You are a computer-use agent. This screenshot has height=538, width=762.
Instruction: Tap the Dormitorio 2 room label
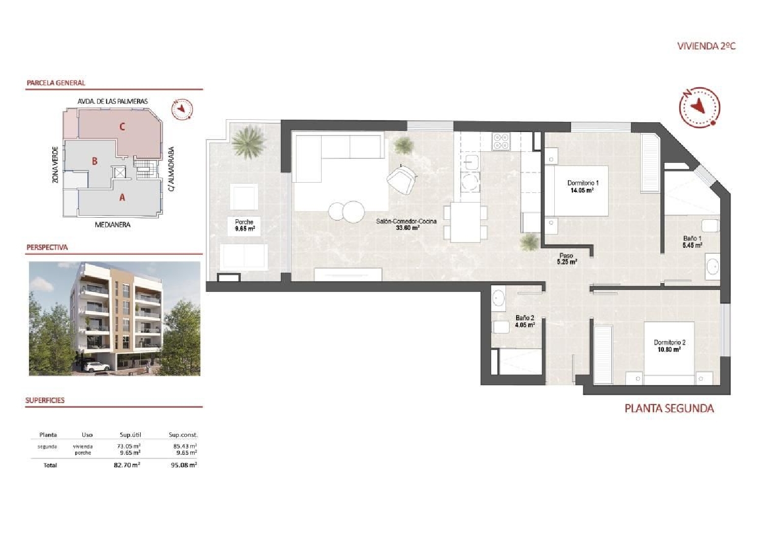click(x=670, y=346)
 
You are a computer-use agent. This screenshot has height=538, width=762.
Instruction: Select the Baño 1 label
click(x=692, y=242)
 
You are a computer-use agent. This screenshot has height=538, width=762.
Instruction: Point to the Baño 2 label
click(x=525, y=321)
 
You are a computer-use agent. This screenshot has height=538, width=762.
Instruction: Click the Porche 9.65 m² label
click(x=244, y=225)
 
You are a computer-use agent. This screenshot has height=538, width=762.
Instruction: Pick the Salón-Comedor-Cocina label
click(x=406, y=224)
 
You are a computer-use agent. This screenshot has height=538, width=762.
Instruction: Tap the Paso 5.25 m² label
click(x=566, y=259)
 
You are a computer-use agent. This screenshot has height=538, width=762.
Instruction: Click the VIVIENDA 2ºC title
click(x=706, y=46)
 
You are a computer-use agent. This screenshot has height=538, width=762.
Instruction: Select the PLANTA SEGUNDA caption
click(x=669, y=408)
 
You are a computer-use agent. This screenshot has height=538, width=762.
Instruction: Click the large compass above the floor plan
click(x=700, y=107)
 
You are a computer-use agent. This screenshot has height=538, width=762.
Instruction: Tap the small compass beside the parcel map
click(x=181, y=109)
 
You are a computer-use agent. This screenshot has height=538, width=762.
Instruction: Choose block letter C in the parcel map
click(x=122, y=126)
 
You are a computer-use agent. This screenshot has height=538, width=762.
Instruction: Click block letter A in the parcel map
click(x=122, y=197)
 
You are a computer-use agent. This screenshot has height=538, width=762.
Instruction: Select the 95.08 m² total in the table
click(x=183, y=465)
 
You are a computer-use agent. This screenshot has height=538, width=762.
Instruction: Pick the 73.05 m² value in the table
click(x=129, y=446)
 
